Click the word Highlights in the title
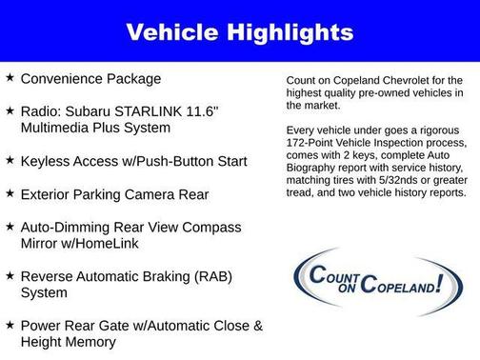coord(293,33)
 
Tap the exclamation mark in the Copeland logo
coord(440,283)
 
